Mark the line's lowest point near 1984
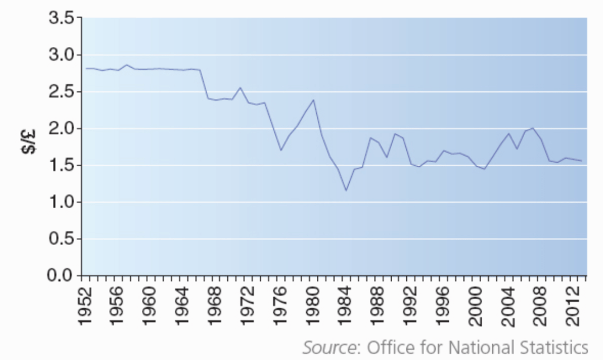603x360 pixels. tap(346, 190)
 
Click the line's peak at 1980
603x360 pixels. tap(313, 100)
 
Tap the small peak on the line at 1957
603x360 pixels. tap(126, 65)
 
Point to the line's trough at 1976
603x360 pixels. tap(281, 150)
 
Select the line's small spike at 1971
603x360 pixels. tap(240, 88)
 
